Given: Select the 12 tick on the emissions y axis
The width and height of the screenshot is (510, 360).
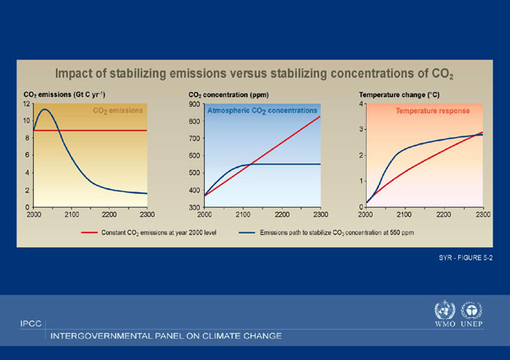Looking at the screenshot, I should pos(27,104).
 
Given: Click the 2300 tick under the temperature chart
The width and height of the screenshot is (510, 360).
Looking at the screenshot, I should pos(482,214).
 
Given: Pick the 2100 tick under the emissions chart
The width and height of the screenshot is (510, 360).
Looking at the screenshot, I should pos(72,214).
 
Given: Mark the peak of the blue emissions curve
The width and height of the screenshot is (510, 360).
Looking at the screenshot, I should pos(45,109).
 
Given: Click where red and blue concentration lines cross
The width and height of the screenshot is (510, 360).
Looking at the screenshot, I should pos(249,164).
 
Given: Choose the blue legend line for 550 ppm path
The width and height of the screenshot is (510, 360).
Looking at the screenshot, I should pos(247,233).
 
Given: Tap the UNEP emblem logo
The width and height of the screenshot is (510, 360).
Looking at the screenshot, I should pos(472,310).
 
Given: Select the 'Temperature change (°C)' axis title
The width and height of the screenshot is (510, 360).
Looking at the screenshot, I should pos(399,95).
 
